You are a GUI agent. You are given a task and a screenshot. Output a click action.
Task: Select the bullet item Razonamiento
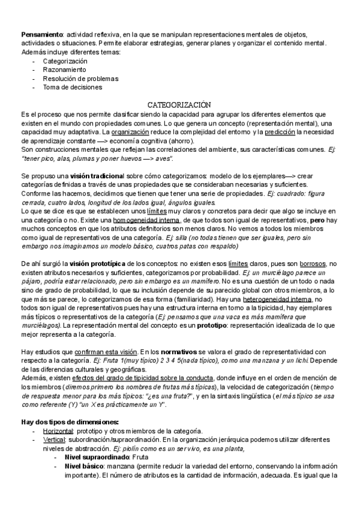pyautogui.click(x=65, y=70)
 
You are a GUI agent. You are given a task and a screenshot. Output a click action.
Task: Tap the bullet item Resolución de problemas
pyautogui.click(x=80, y=78)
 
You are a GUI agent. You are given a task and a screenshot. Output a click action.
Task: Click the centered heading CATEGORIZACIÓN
pyautogui.click(x=179, y=104)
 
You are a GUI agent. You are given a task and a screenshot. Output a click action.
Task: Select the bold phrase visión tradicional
pyautogui.click(x=96, y=175)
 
